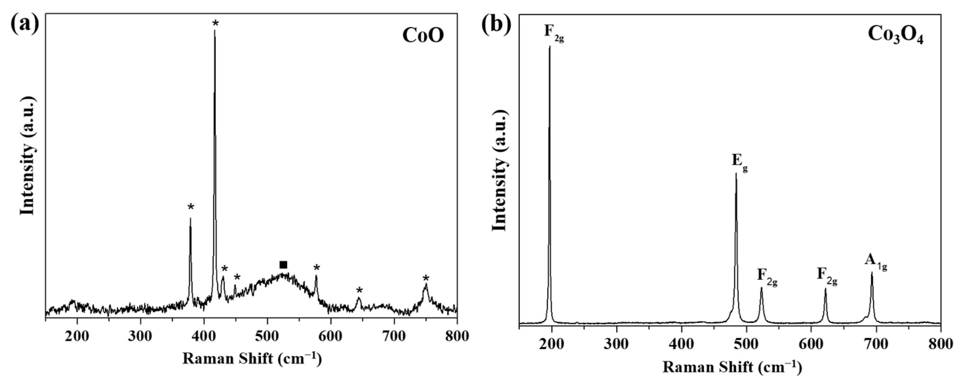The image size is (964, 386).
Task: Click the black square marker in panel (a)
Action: click(x=283, y=265)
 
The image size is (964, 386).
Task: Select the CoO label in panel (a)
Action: click(x=423, y=36)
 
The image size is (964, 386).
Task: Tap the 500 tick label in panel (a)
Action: click(x=267, y=336)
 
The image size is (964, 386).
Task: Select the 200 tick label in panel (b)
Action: click(x=551, y=344)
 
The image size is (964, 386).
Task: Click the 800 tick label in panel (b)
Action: click(x=940, y=344)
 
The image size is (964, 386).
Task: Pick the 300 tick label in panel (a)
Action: click(x=140, y=336)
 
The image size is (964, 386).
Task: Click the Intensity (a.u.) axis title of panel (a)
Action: click(x=27, y=156)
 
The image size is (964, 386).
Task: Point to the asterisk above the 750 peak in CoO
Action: click(x=426, y=278)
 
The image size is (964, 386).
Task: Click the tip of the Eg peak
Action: click(x=736, y=173)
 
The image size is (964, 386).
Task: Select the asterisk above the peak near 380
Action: click(x=191, y=207)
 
